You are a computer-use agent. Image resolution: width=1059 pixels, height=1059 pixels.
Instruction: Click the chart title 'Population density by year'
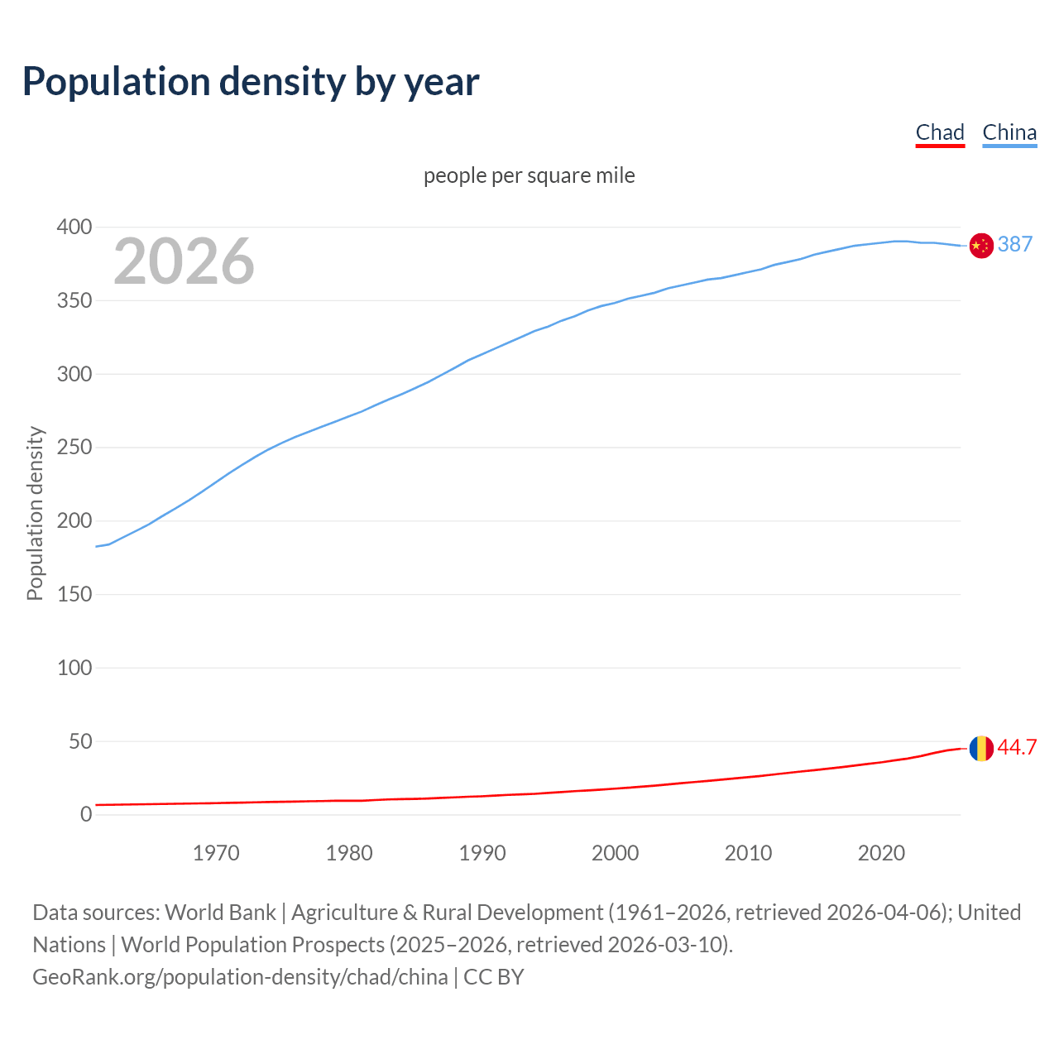coord(251,82)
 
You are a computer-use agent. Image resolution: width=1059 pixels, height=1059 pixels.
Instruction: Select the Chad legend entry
coord(940,132)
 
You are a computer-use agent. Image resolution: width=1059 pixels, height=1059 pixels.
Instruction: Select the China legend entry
coord(1009,132)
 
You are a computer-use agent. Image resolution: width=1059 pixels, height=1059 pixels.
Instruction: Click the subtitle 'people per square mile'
coord(529,175)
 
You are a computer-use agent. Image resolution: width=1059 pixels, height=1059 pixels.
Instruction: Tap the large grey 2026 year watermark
coord(184,261)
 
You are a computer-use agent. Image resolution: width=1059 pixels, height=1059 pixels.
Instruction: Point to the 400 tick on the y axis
coord(74,227)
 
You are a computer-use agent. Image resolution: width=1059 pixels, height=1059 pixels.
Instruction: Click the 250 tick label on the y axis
coord(74,448)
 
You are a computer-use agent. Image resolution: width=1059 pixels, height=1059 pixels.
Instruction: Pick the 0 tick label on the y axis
coord(86,815)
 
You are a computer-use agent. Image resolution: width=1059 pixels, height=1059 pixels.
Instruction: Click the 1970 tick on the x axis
coord(216,853)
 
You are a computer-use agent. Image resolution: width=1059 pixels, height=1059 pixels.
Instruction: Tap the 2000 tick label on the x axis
coord(615,853)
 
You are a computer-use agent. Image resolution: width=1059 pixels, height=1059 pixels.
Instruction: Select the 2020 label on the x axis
coord(881,853)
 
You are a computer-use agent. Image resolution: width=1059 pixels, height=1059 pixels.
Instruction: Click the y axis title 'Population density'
coord(35,513)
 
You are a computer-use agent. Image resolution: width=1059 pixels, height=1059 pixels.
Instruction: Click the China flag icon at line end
coord(981,246)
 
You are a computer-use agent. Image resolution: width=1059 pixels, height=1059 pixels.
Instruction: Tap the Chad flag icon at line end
coord(981,748)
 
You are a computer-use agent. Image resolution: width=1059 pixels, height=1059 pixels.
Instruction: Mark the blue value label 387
coord(1015,244)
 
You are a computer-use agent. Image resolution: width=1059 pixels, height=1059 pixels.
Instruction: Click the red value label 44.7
coord(1017,747)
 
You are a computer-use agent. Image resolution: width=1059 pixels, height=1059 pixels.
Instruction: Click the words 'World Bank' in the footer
coord(220,913)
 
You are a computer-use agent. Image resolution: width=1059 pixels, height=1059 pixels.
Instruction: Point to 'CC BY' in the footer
coord(494,977)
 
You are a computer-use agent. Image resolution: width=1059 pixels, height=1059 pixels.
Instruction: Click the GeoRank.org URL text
coord(240,977)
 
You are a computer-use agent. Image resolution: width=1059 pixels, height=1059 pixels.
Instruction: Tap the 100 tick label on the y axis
coord(74,668)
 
